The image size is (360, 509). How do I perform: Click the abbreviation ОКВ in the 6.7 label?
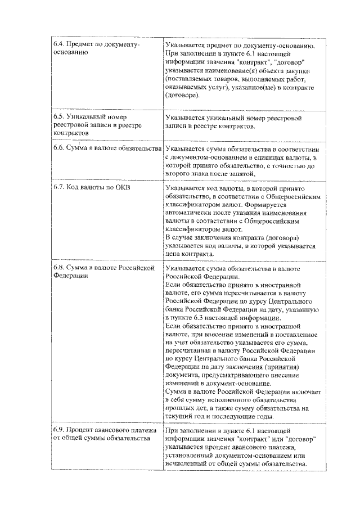[x=121, y=187]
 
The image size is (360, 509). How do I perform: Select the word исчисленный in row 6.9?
[x=188, y=464]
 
